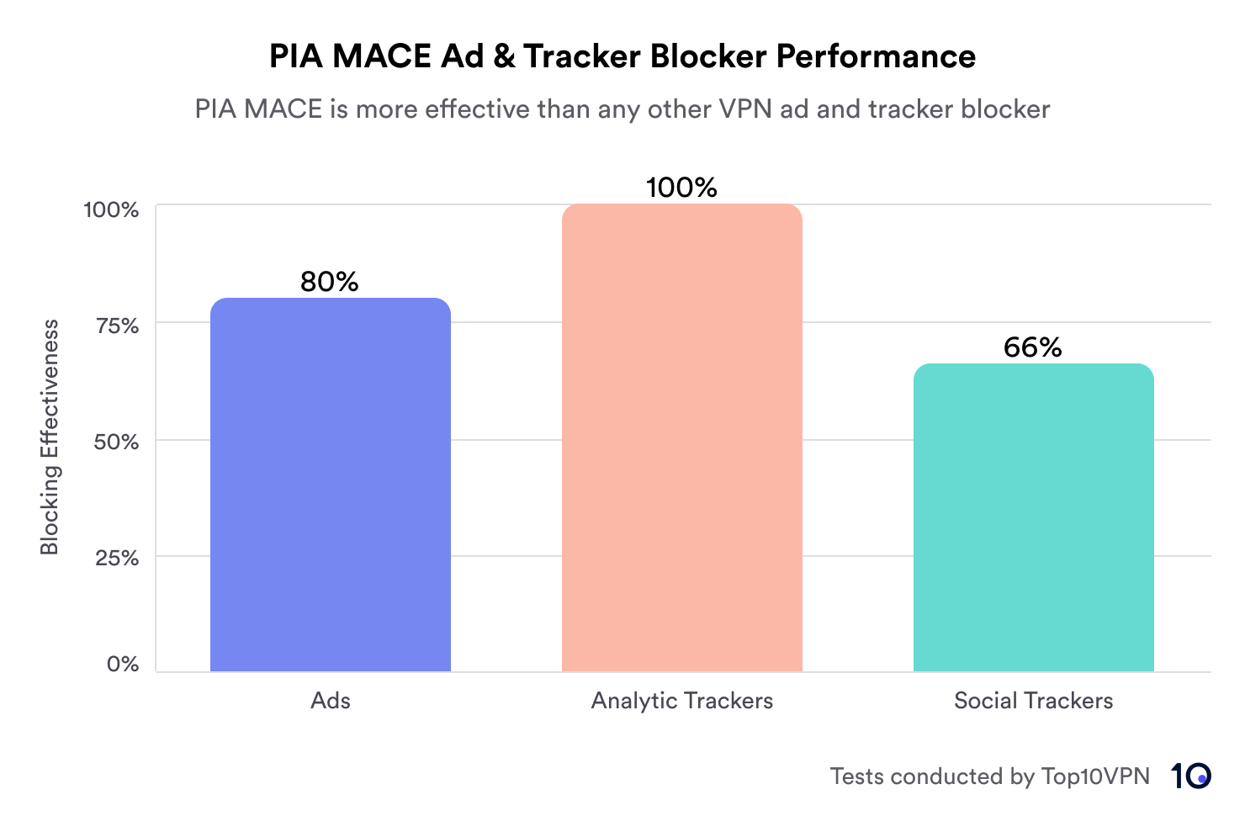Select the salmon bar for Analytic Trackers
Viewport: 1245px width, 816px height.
pos(681,437)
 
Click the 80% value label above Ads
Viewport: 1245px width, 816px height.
pos(330,282)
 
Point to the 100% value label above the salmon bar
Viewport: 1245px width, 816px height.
pos(681,188)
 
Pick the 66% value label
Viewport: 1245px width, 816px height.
pos(1033,347)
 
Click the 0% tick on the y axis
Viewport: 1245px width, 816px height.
pos(123,664)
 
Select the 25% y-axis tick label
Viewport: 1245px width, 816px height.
pos(117,557)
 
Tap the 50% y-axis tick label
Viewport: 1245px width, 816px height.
pos(117,442)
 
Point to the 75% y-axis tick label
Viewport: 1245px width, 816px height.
pos(117,326)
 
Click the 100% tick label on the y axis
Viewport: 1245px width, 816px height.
pos(111,209)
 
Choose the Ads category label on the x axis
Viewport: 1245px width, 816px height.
pos(330,701)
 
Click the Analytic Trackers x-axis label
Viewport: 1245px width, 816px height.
pos(681,701)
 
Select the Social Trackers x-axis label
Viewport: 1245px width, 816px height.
pos(1033,701)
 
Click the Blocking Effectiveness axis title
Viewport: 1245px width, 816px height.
pos(50,437)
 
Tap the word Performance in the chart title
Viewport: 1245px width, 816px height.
pos(876,56)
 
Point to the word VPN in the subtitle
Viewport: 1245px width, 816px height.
pos(745,109)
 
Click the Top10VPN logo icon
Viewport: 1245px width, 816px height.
pos(1190,776)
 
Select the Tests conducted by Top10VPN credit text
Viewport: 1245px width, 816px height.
pos(989,776)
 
